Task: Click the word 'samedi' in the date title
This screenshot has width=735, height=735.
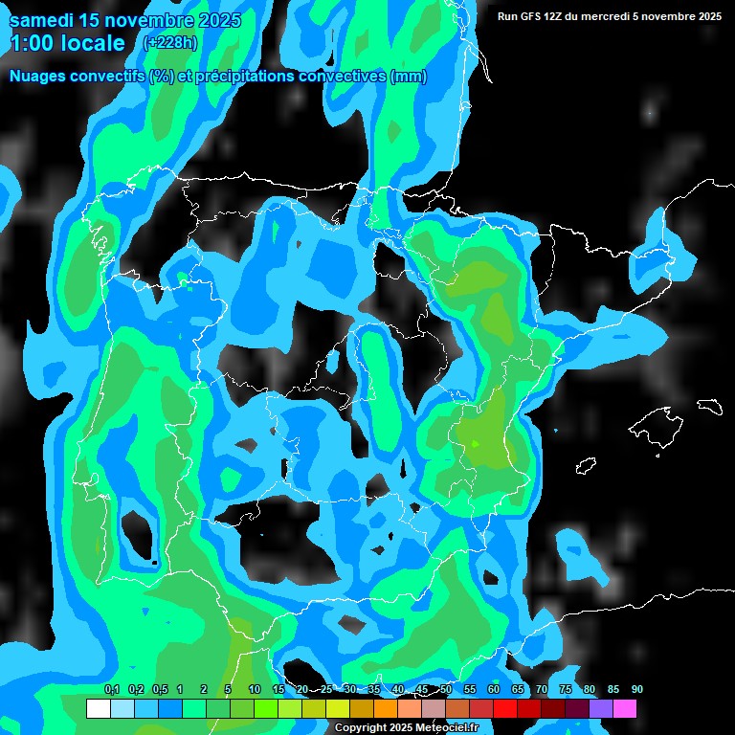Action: coord(42,21)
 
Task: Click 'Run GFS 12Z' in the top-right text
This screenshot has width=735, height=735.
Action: coord(531,16)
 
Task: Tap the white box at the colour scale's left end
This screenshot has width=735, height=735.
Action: coord(98,709)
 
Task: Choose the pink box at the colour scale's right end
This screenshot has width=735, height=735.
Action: coord(624,709)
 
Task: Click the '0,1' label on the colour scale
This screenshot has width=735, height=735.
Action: coord(112,689)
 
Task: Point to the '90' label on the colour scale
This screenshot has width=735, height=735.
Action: coord(637,689)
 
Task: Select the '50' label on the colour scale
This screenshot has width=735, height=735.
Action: coord(446,689)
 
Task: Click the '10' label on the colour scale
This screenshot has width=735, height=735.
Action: coord(254,689)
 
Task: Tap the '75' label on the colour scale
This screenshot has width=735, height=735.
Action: coord(566,689)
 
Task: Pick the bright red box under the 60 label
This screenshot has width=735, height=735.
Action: coord(504,709)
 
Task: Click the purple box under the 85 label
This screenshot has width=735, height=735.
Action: coord(600,709)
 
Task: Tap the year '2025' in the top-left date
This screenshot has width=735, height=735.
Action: coord(217,21)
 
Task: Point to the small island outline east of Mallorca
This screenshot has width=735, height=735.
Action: coord(709,406)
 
